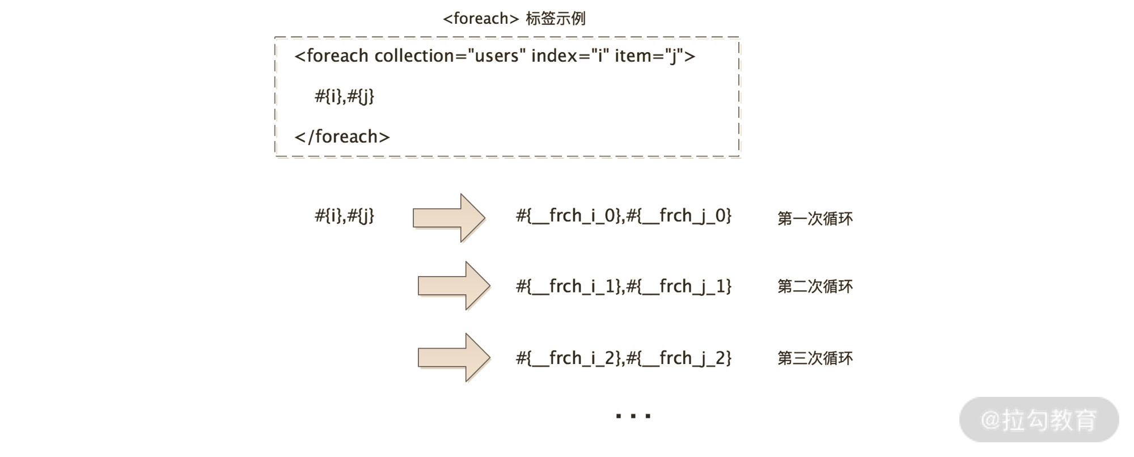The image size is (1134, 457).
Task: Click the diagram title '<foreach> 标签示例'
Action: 514,19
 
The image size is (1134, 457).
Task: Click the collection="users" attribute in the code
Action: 450,56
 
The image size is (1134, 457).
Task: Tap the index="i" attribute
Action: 569,56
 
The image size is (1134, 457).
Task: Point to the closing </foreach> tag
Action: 342,137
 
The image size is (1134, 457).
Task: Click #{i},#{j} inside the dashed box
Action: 344,96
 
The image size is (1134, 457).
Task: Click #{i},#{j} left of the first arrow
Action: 344,216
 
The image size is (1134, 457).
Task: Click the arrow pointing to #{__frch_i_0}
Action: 448,218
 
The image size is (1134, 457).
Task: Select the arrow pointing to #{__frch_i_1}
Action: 453,286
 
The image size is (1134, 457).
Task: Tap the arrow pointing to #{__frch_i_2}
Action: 453,358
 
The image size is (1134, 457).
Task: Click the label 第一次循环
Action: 815,219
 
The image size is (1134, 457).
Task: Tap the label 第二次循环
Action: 815,287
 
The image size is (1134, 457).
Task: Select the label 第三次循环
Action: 815,358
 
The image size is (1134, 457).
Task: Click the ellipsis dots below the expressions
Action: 633,416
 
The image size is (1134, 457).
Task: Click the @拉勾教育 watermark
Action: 1039,420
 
